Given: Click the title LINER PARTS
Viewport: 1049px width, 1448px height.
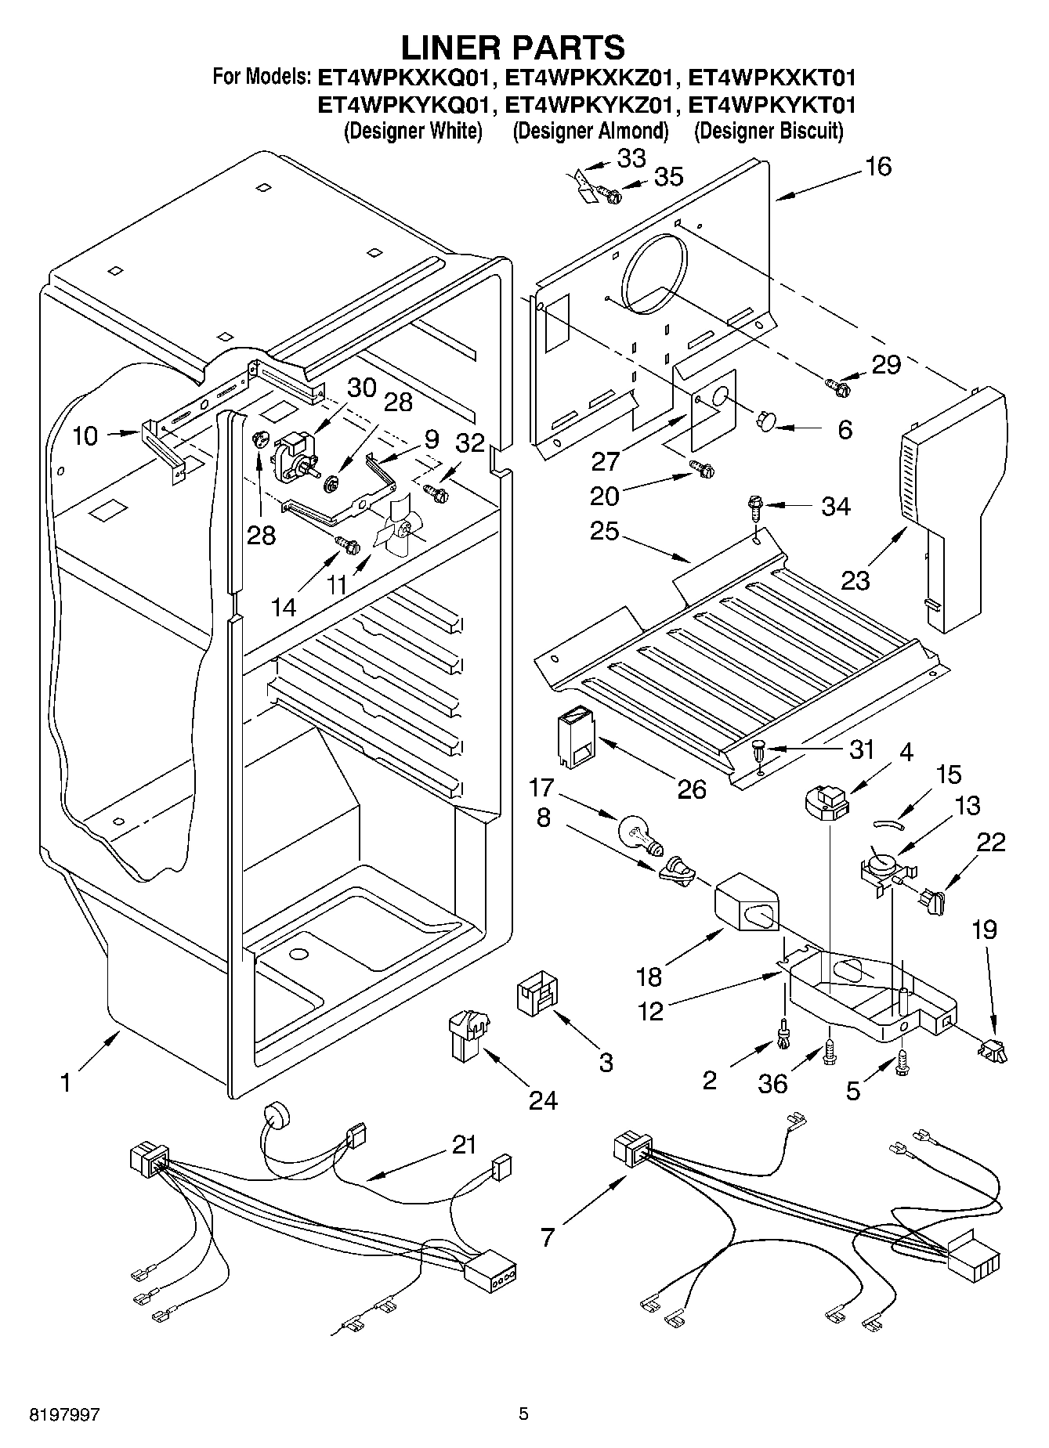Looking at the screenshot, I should point(513,48).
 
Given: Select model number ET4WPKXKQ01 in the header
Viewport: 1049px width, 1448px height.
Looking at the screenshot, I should point(407,78).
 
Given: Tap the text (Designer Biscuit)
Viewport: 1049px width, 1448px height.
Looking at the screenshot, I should point(769,131).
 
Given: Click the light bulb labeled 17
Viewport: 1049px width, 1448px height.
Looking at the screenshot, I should point(640,833).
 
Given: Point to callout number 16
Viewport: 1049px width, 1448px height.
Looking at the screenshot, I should point(879,166).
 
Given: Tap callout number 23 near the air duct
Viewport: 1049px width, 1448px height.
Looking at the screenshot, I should point(855,580).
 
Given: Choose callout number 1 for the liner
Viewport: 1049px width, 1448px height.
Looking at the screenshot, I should point(66,1082).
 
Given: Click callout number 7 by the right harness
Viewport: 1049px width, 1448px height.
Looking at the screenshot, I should point(548,1237).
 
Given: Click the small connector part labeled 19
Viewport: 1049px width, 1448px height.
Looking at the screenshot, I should point(993,1048).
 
